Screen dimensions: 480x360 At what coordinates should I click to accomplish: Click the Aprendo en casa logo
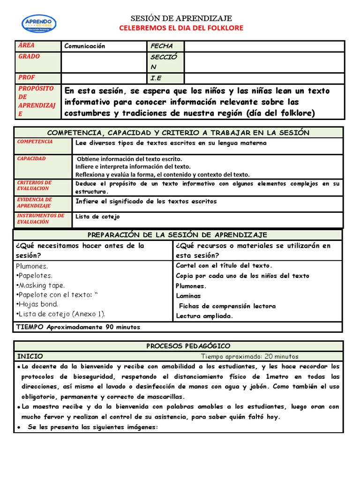[39, 23]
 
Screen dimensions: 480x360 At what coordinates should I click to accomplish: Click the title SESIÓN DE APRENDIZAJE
[181, 18]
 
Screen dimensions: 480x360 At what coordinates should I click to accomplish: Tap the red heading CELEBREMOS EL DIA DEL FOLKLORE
[181, 28]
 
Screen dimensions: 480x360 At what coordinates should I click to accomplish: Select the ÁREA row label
[26, 45]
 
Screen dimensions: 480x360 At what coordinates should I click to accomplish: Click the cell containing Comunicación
[85, 46]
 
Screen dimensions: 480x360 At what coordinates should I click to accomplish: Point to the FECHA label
[162, 46]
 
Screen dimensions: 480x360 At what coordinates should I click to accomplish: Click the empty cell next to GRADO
[104, 62]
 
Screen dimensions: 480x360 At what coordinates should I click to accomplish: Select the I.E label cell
[156, 78]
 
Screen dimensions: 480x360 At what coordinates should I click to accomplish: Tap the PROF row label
[27, 77]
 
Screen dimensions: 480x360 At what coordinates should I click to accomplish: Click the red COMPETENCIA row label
[35, 142]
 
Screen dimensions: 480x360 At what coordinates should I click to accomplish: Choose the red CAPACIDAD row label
[31, 158]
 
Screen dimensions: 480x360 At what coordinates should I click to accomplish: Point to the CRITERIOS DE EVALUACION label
[34, 185]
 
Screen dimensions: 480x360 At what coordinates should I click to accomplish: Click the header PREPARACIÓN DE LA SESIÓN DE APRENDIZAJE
[178, 234]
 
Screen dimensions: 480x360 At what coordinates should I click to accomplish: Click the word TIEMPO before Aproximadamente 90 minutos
[30, 327]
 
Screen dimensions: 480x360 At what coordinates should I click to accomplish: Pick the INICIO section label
[29, 356]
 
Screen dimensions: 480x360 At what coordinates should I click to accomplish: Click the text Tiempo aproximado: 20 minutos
[249, 356]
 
